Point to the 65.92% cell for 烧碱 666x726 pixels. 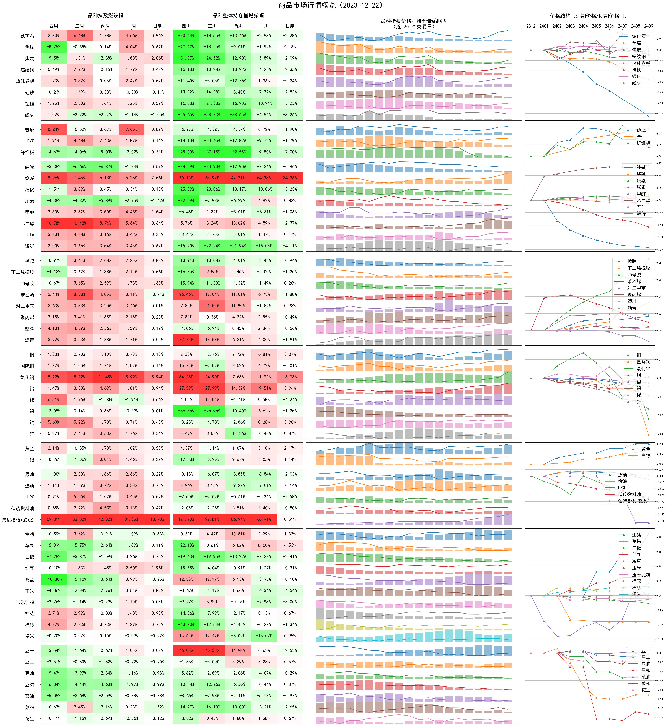click(x=212, y=178)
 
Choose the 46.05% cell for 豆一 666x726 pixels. click(x=186, y=650)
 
